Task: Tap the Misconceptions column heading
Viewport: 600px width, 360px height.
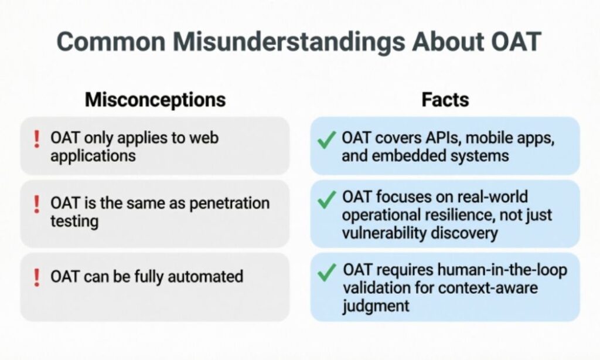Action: coord(155,99)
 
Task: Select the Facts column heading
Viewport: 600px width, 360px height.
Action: coord(445,99)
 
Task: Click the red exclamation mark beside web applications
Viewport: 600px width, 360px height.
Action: coord(36,139)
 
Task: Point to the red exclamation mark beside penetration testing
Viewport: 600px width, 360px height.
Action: coord(36,203)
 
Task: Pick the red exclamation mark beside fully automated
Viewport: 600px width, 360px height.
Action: coord(36,276)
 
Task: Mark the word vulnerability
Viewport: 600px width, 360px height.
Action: coord(383,232)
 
